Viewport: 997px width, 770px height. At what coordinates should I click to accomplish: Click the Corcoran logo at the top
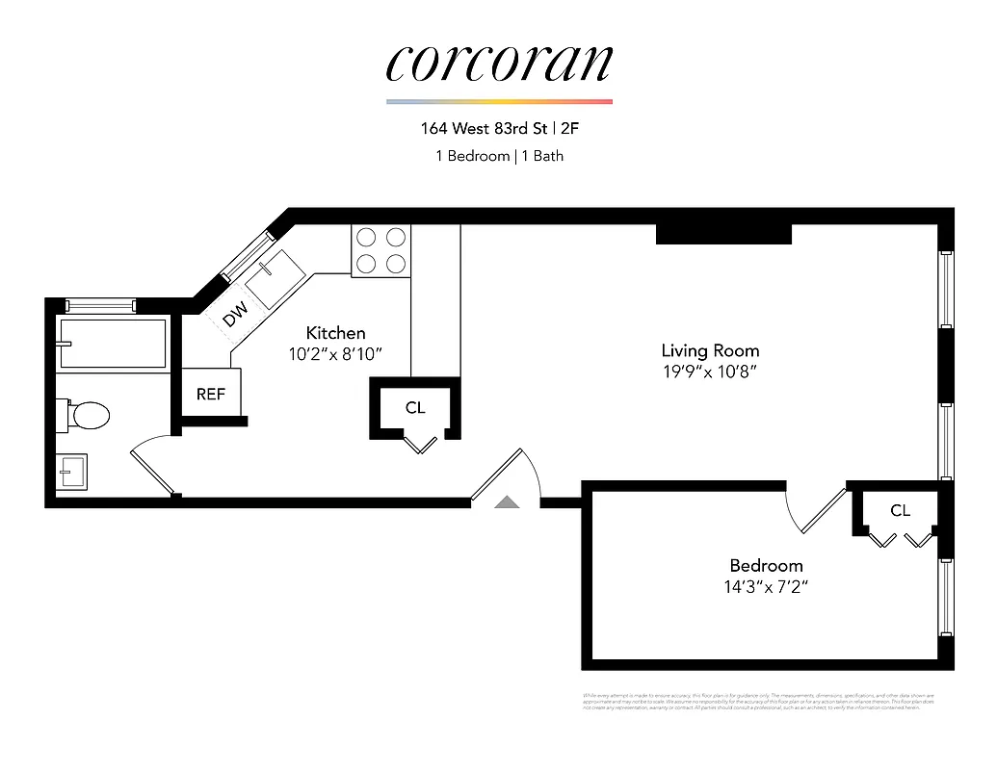499,63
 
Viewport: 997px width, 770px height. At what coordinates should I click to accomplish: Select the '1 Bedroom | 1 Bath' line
498,155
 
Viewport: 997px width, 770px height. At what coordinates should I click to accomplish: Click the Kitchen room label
335,333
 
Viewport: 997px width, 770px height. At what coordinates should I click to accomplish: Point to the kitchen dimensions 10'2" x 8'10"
335,353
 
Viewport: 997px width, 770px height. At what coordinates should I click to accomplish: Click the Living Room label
710,350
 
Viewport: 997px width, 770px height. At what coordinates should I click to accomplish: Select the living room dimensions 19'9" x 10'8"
710,372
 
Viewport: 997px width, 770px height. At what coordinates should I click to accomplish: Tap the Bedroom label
766,565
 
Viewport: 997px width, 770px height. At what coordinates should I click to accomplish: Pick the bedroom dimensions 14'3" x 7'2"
766,586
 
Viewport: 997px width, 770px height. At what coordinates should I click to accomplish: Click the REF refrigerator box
211,395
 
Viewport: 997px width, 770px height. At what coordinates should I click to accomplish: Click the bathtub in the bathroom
112,344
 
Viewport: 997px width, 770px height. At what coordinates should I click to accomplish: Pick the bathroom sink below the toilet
72,474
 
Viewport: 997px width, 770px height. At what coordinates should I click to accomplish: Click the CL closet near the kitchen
415,408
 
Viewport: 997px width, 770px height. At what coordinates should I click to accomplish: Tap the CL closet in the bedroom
900,510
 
